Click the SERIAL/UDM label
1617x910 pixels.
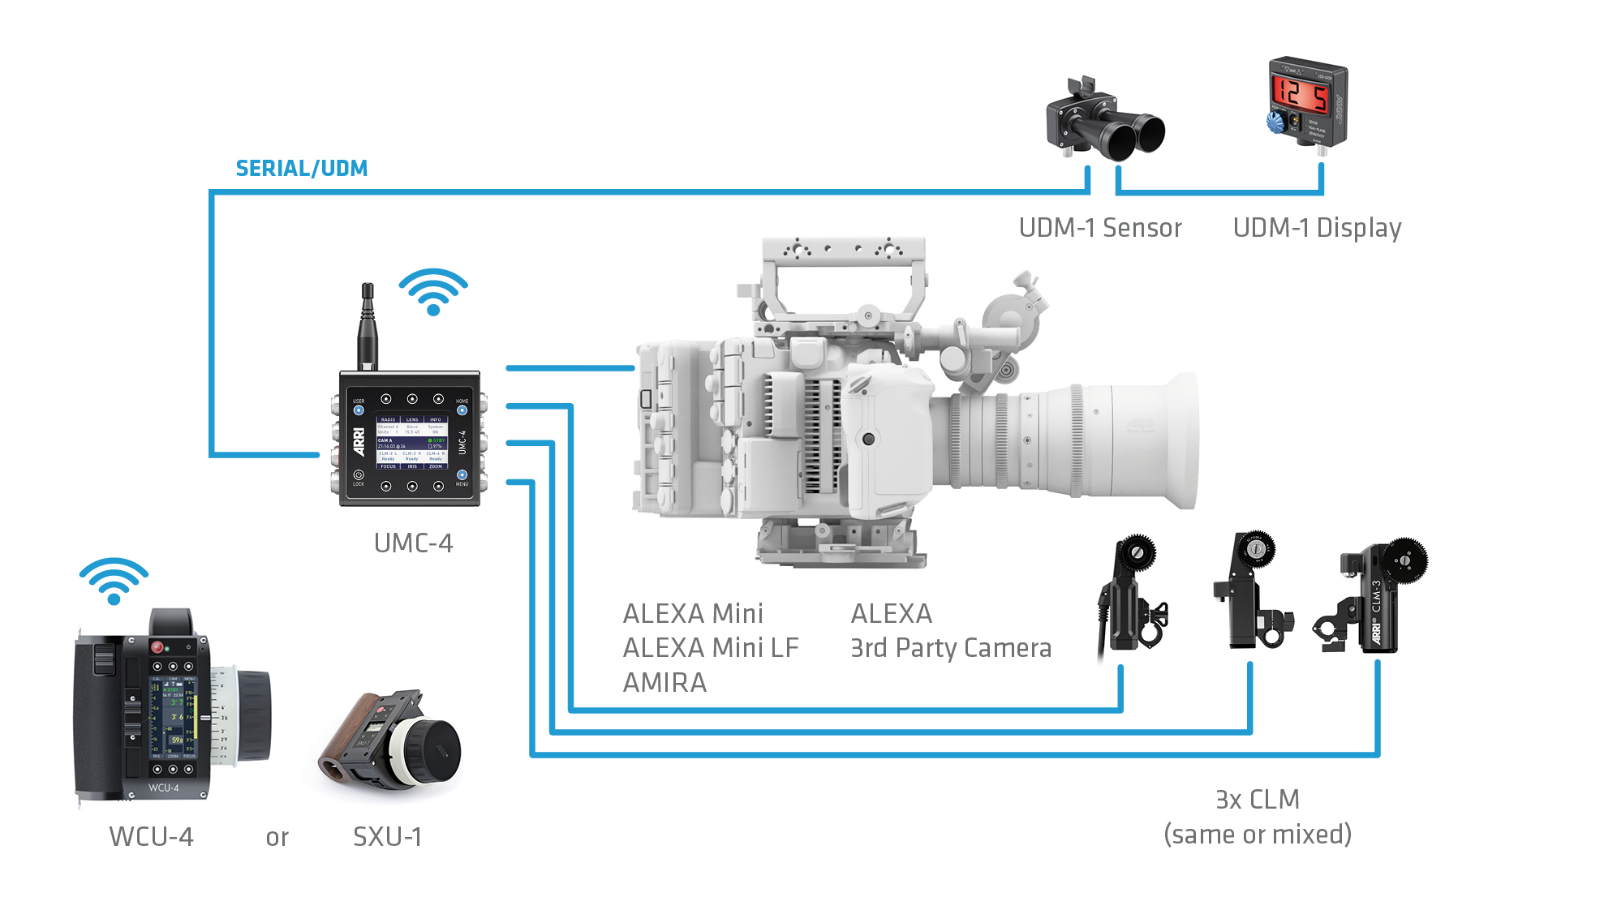(301, 168)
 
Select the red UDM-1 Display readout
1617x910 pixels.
(1300, 96)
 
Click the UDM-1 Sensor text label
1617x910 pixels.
(1099, 228)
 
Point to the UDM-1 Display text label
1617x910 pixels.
(1316, 228)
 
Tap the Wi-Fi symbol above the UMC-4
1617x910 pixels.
(432, 292)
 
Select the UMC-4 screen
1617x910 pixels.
(412, 443)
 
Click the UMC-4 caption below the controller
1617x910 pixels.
(413, 543)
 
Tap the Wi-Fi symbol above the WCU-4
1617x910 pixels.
(114, 581)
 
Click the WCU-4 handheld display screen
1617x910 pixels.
(173, 714)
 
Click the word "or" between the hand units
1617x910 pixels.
(277, 837)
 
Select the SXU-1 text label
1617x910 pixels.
(387, 836)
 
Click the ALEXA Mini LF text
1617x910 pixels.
(710, 648)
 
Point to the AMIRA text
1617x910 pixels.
(664, 683)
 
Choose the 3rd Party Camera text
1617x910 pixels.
(950, 648)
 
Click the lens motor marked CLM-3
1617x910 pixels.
(1379, 600)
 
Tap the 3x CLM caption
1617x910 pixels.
(1257, 800)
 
